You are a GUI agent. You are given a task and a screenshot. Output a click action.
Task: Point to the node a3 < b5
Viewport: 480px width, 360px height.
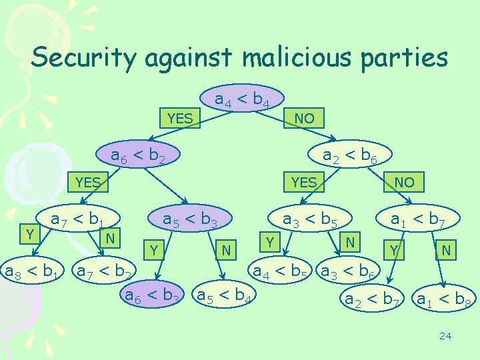click(309, 219)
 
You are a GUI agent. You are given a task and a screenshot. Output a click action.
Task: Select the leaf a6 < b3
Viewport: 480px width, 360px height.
click(153, 293)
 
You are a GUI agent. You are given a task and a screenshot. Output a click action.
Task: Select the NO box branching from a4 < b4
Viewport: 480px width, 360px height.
click(305, 119)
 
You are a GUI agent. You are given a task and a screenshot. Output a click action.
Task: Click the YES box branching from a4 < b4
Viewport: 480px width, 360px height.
click(180, 119)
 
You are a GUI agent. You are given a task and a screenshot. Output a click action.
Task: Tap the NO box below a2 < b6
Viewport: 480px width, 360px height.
click(404, 182)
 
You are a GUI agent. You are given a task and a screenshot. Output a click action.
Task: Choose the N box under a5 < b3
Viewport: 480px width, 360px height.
click(227, 250)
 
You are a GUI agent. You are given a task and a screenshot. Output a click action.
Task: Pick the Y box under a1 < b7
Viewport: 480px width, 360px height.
click(395, 251)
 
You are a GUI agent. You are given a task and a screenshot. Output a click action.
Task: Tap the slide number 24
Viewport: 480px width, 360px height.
click(445, 335)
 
